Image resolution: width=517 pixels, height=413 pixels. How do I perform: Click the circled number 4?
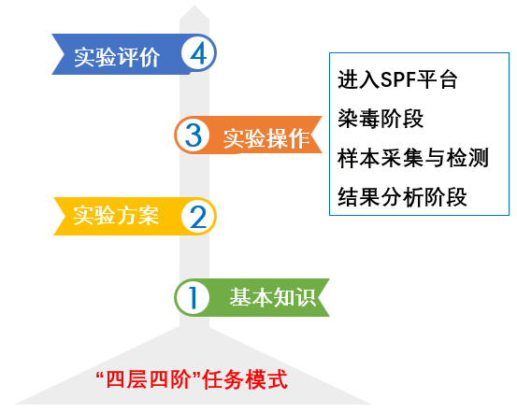tap(198, 53)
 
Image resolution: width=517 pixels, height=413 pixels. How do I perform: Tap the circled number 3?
tap(193, 135)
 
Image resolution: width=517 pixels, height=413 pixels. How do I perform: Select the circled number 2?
tap(198, 217)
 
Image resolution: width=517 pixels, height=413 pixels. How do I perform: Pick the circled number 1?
tap(193, 298)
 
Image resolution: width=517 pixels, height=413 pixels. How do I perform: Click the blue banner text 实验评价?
tap(117, 57)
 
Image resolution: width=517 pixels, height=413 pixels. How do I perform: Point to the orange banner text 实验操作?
tap(266, 139)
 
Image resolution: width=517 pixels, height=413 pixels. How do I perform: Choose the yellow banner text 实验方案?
tap(116, 216)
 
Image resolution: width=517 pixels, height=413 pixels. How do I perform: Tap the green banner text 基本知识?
tap(273, 297)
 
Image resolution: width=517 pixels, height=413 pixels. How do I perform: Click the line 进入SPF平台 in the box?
tap(397, 79)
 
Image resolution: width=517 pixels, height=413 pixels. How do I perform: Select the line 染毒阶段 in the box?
tap(381, 119)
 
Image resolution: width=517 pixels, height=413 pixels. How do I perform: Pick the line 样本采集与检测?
tap(413, 158)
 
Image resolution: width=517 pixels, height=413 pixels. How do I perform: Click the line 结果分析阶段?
tap(402, 197)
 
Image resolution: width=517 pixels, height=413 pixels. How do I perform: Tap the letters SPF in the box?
tap(397, 80)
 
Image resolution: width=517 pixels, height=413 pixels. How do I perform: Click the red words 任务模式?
tap(245, 379)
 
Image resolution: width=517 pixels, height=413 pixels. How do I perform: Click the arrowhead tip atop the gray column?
tap(194, 6)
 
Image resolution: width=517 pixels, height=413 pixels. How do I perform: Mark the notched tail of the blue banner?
tap(64, 54)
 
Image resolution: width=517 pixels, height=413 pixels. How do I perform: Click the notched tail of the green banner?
tap(317, 298)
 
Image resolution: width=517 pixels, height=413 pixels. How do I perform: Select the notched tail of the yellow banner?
tap(65, 216)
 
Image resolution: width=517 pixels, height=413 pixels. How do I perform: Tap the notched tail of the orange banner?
tap(310, 135)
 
